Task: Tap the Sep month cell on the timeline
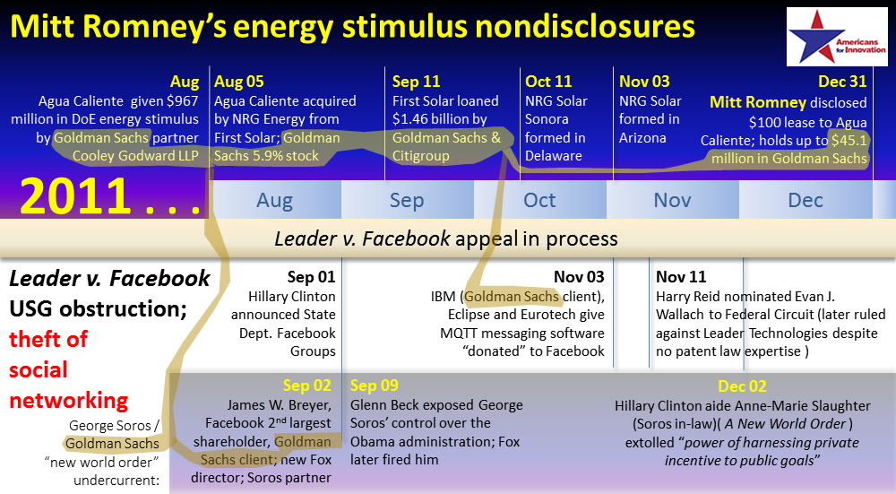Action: (x=407, y=200)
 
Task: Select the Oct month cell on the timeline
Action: (x=539, y=200)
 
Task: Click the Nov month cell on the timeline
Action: (x=672, y=200)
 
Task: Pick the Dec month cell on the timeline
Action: (x=806, y=200)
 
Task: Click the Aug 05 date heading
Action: (x=239, y=82)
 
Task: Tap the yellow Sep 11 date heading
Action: (x=416, y=82)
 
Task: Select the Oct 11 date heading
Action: (x=548, y=82)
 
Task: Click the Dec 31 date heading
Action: (x=842, y=82)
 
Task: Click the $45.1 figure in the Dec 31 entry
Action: (x=849, y=140)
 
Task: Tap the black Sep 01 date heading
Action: (x=312, y=277)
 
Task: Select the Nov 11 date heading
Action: (x=681, y=277)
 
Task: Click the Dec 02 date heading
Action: (x=742, y=386)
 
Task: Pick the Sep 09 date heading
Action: (x=375, y=386)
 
